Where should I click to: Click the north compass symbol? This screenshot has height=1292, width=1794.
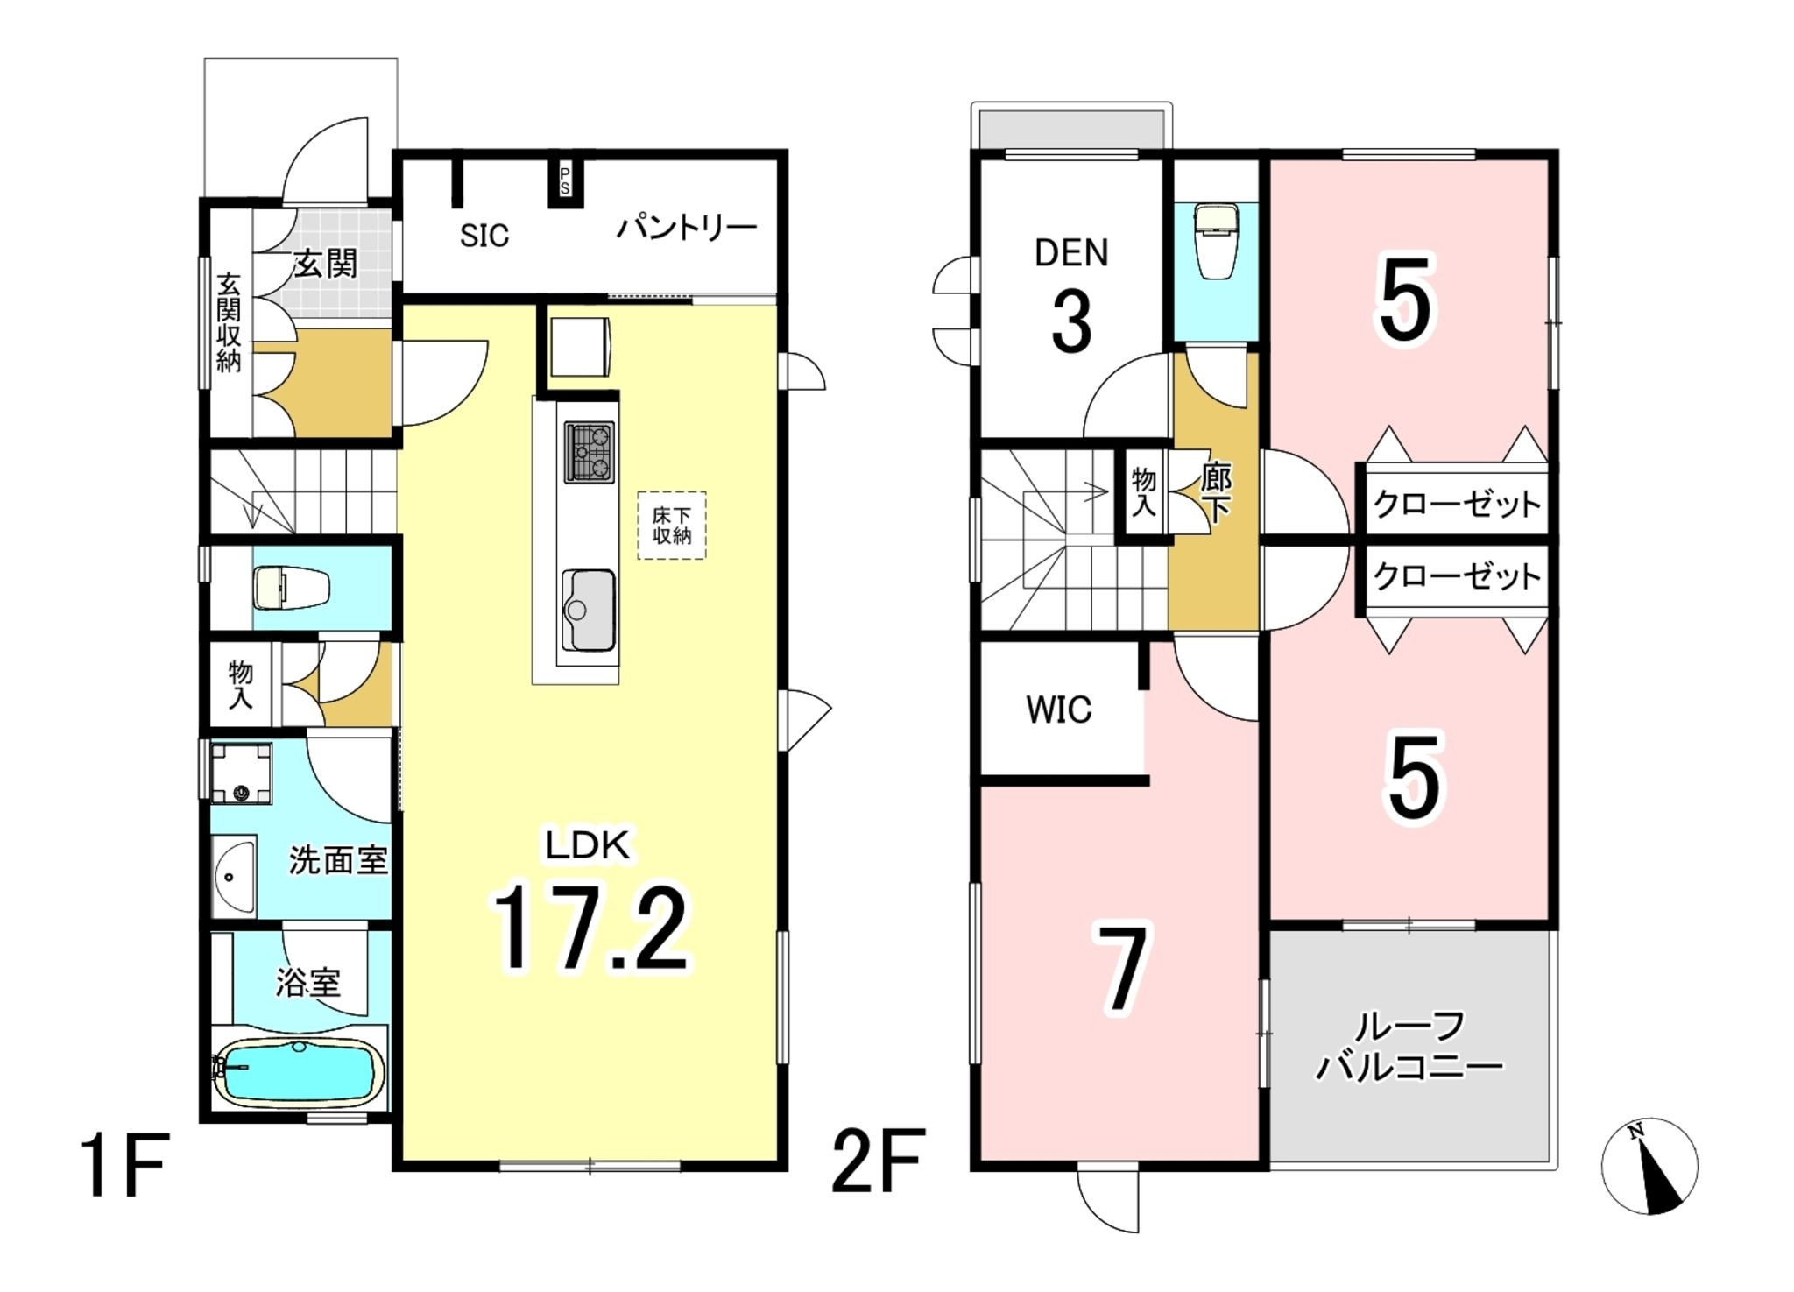tap(1649, 1167)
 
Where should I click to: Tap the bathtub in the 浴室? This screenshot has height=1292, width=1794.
tap(300, 1072)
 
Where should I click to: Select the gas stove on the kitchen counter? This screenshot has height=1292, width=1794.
tap(589, 452)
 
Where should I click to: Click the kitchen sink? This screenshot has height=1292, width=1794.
tap(587, 610)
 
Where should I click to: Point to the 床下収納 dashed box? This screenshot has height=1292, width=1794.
tap(671, 526)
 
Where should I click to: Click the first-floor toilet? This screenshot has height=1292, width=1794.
tap(291, 587)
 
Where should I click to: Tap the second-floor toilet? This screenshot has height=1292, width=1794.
tap(1216, 241)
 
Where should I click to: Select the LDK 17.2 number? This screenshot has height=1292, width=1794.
tap(590, 928)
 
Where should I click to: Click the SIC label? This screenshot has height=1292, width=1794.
tap(484, 235)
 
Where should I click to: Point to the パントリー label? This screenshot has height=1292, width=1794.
tap(686, 229)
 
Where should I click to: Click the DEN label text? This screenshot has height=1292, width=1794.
tap(1071, 252)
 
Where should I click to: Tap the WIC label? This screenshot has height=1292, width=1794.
tap(1059, 710)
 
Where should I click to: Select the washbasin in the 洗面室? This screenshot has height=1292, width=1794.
tap(234, 876)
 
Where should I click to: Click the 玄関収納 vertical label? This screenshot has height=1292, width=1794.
tap(229, 323)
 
